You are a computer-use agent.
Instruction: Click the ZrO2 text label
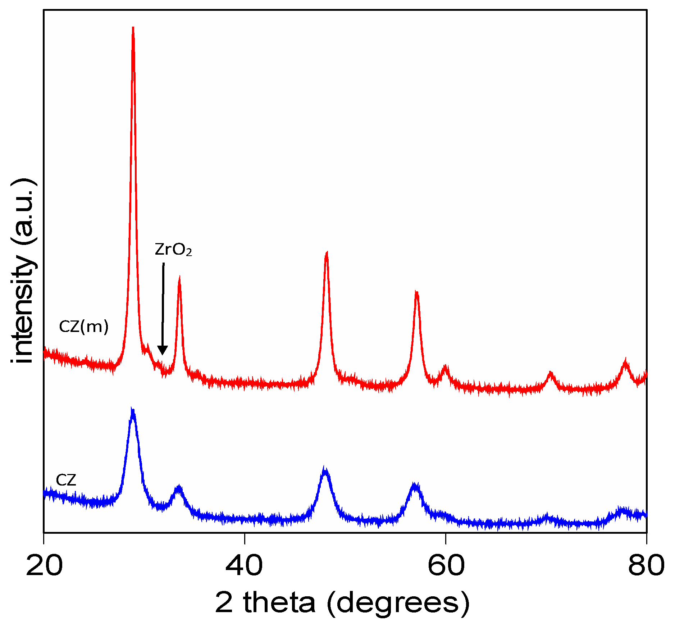[x=173, y=250]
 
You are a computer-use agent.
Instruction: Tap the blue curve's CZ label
[x=66, y=480]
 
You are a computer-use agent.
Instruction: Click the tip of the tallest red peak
[x=133, y=28]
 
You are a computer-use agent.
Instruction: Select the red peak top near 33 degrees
[x=179, y=279]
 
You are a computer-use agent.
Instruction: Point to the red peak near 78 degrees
[x=626, y=361]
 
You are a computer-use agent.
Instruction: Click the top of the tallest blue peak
[x=133, y=410]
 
